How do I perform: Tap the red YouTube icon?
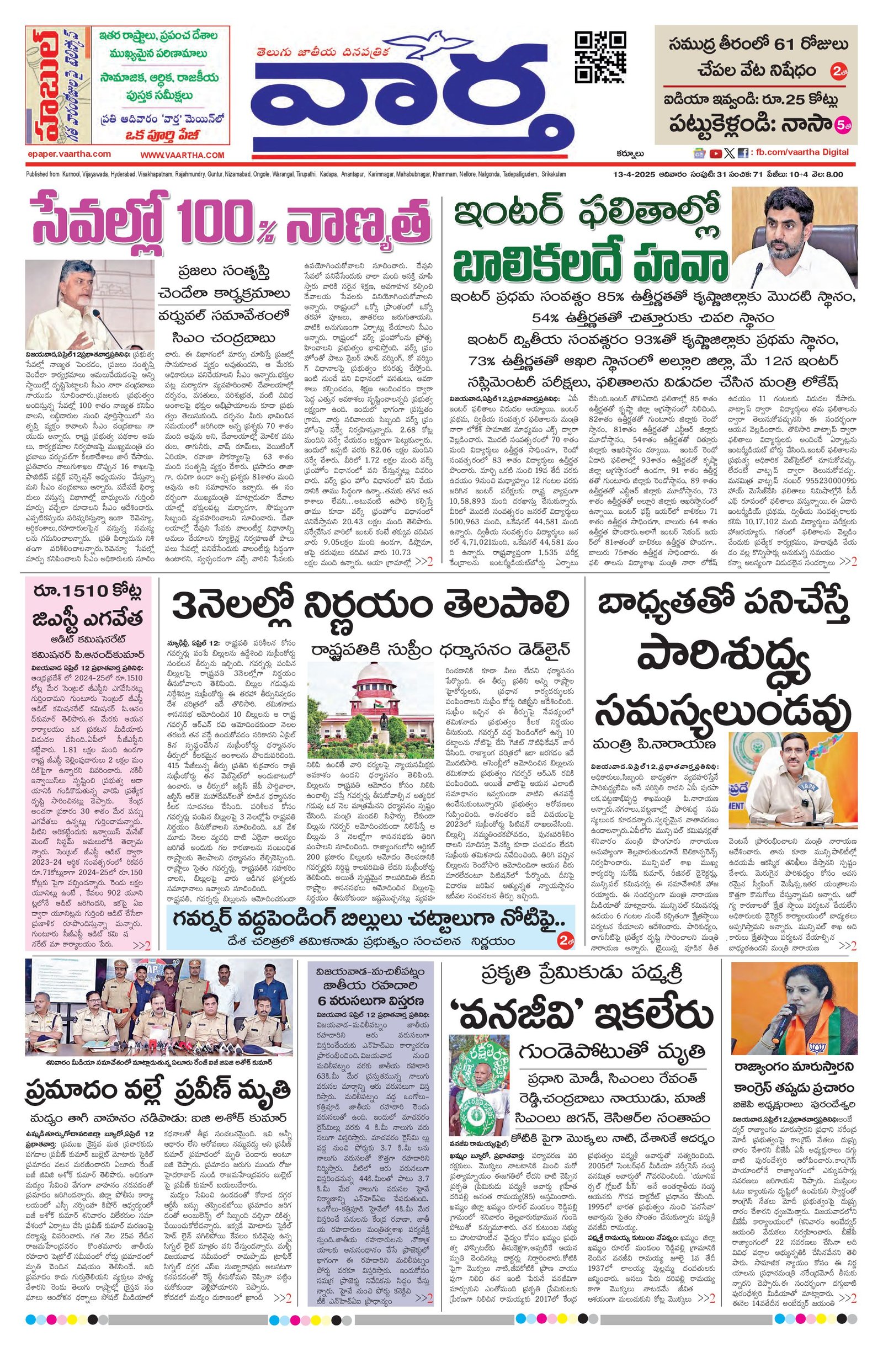pyautogui.click(x=715, y=153)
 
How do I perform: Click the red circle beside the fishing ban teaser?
pyautogui.click(x=837, y=73)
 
